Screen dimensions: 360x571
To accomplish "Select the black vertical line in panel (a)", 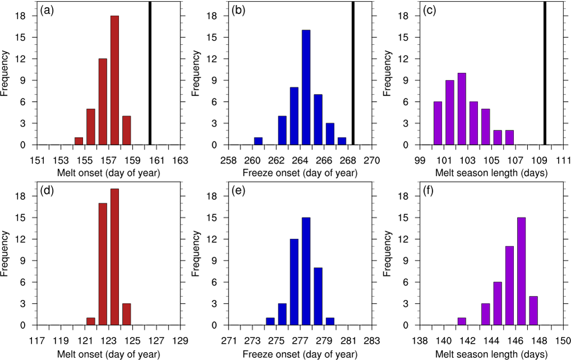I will click(150, 73).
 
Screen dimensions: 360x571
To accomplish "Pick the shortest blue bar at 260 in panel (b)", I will click(258, 141).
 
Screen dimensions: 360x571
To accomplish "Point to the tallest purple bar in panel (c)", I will click(461, 109).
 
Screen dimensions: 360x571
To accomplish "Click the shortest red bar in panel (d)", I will click(90, 321).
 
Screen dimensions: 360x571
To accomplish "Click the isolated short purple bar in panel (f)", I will click(461, 321).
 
